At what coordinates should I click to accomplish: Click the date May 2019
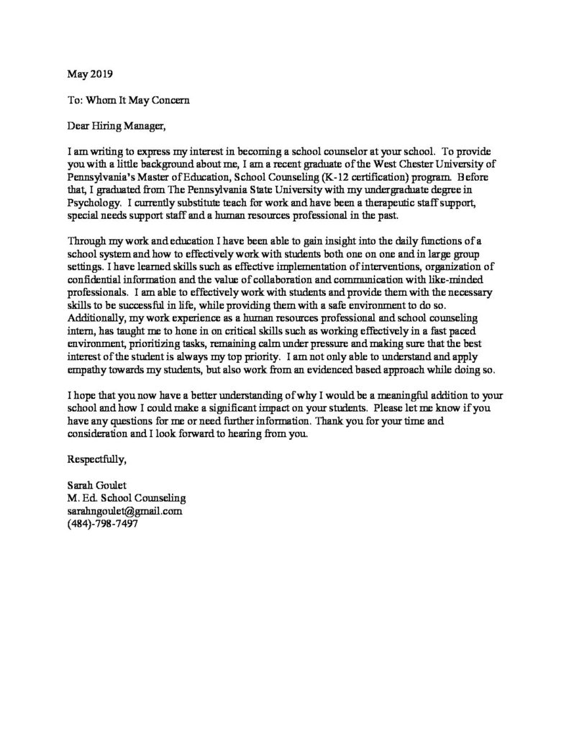(89, 73)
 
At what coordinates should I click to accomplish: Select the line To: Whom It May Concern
(127, 100)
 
